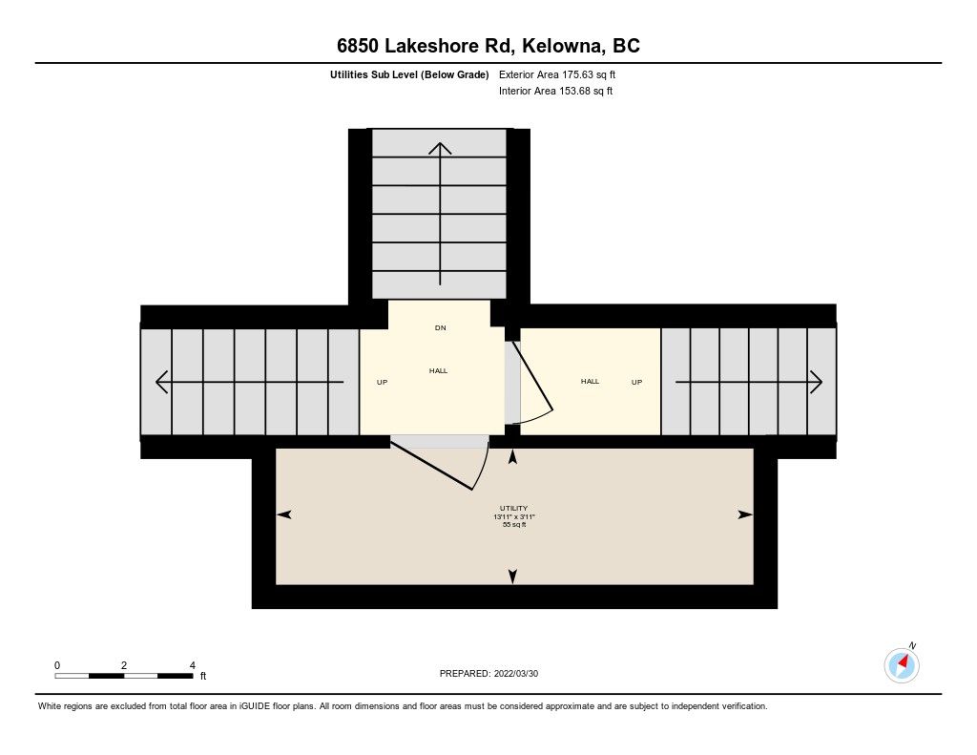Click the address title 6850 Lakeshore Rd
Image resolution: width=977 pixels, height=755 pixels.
(424, 46)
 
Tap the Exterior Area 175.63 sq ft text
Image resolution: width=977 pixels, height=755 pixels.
(557, 74)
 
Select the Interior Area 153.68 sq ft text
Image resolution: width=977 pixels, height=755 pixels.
(556, 91)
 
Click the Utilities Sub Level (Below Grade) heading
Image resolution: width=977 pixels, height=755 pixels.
(409, 74)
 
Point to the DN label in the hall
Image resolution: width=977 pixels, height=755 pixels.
(441, 328)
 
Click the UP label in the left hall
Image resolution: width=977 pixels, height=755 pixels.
(382, 382)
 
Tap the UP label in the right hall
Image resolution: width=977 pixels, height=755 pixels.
(636, 382)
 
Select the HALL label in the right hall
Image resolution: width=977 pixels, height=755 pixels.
(590, 381)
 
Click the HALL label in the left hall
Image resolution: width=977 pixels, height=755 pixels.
(439, 370)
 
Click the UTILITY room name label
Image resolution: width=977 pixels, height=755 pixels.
(513, 508)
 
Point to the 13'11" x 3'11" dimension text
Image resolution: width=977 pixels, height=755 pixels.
(514, 516)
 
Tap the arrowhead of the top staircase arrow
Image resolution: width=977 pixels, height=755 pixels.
(440, 148)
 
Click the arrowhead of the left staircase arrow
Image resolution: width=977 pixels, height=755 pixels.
(162, 382)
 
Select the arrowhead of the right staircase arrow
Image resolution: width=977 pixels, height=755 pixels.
(817, 382)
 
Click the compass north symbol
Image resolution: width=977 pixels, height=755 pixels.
(902, 664)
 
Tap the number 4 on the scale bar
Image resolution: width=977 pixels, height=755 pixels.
(193, 665)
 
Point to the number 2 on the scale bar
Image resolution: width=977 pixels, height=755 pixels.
(124, 665)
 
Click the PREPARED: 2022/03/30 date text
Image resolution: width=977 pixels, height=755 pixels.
(488, 673)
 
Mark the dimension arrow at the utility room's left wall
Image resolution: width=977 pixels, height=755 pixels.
(283, 514)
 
